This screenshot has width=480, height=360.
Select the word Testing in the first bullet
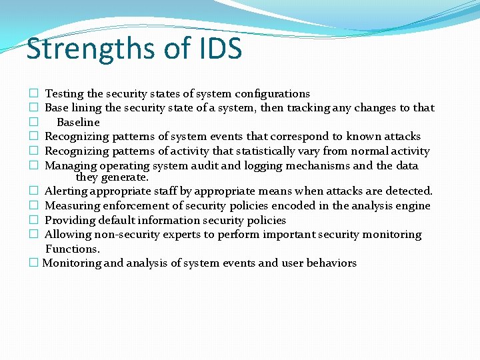[64, 94]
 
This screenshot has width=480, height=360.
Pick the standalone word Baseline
[78, 123]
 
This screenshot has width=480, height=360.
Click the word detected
[410, 191]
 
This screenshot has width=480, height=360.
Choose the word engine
[413, 206]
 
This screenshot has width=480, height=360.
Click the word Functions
[72, 249]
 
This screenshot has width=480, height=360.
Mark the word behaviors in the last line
[331, 263]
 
